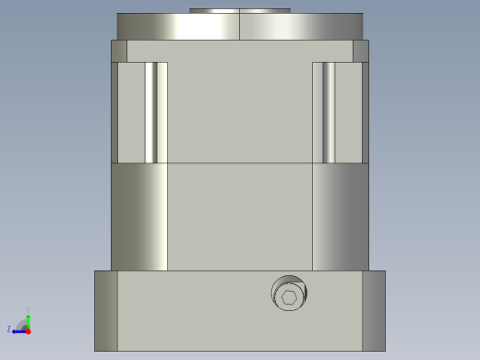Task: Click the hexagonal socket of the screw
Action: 290,297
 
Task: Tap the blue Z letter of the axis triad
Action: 9,329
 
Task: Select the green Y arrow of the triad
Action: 28,319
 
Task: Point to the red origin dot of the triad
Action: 28,330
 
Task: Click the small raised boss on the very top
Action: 239,11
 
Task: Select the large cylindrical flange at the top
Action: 239,27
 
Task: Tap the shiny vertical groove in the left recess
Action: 150,112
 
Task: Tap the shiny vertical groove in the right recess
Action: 328,112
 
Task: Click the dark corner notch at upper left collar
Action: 119,51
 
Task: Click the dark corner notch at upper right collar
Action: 360,51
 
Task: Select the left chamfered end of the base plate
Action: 106,310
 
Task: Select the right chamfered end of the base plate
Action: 373,310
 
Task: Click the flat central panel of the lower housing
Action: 239,217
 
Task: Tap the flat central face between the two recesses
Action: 239,112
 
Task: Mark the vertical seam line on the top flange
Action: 239,27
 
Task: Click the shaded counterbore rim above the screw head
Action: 288,281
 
